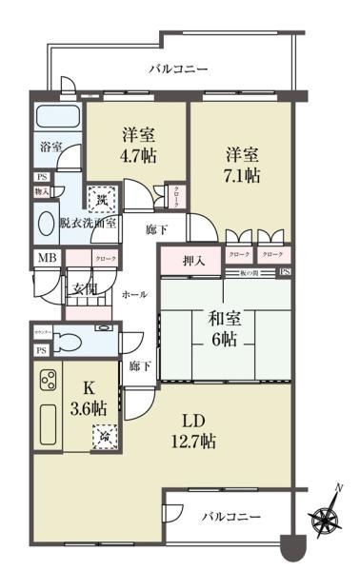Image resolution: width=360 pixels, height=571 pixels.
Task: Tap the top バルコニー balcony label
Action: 178,69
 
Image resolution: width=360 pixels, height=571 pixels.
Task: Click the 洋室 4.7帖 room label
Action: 137,147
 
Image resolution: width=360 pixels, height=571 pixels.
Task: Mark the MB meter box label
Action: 46,257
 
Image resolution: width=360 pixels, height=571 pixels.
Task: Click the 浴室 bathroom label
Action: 50,147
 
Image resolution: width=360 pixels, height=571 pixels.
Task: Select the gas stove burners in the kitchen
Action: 48,383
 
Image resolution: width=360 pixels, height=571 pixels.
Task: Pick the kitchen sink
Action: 48,424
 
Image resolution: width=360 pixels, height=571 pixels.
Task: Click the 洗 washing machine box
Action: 102,200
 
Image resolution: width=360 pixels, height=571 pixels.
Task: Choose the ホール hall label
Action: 134,295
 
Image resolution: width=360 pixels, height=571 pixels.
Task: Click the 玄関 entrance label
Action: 79,289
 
